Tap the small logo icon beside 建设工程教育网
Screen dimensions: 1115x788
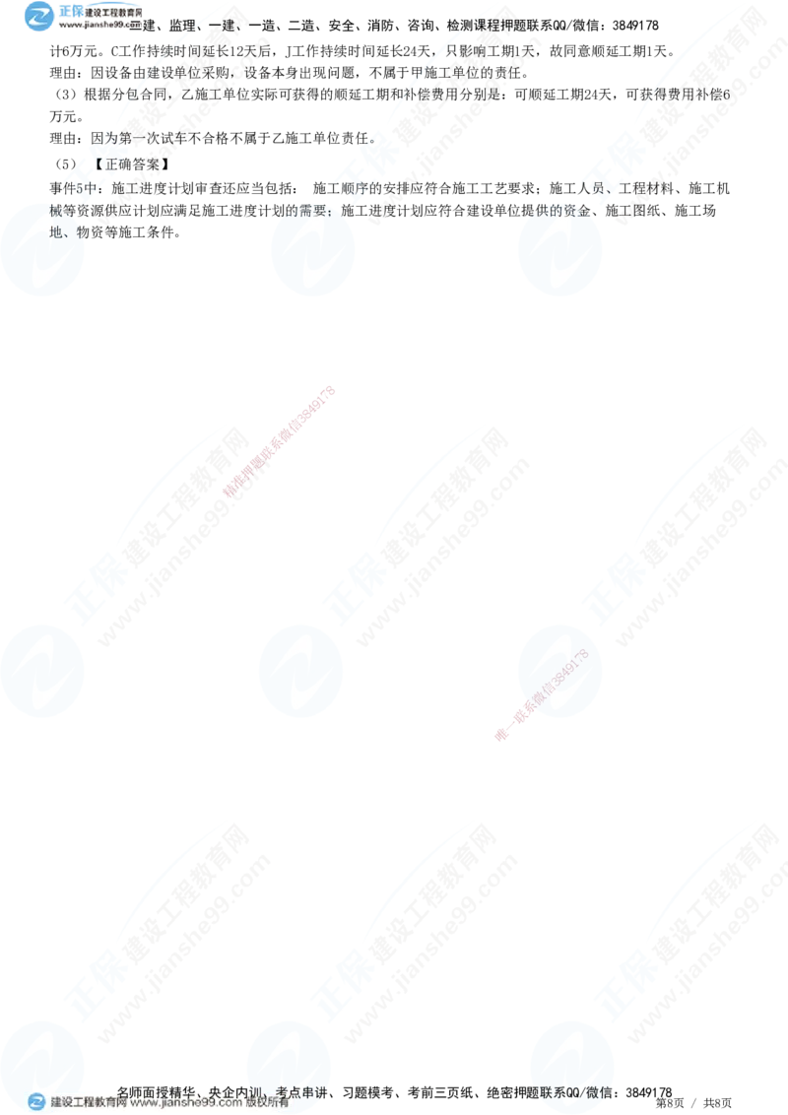click(36, 1102)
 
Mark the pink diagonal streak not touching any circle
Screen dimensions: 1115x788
click(281, 443)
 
